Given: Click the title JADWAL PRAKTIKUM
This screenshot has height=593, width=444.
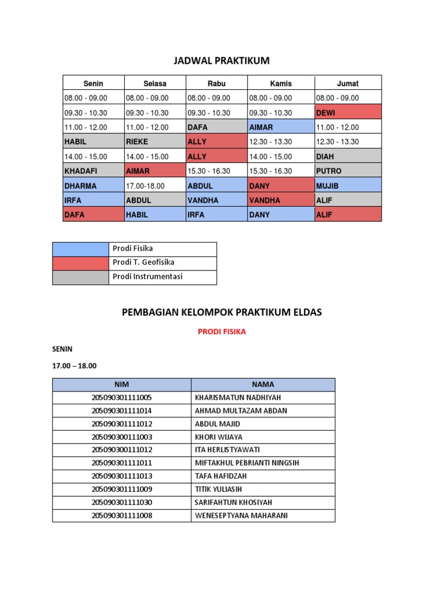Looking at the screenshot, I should (222, 61).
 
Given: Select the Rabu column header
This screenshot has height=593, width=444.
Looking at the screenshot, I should (216, 83).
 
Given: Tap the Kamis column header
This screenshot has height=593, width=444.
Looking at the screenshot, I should (281, 83).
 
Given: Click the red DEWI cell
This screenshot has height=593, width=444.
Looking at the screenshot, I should (348, 112).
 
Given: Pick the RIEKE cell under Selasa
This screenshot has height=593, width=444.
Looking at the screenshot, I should (154, 141).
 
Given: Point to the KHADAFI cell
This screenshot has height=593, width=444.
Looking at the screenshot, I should (93, 171).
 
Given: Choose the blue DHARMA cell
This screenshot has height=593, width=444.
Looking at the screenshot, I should (93, 186).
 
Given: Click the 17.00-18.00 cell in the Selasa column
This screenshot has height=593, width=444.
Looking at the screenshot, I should (154, 186).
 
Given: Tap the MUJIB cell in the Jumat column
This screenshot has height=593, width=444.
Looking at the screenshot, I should (348, 186).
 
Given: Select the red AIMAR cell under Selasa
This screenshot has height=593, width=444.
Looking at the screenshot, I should (154, 171).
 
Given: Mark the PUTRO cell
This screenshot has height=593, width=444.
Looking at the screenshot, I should (348, 171).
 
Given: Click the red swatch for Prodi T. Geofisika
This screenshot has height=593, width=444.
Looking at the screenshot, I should (80, 263).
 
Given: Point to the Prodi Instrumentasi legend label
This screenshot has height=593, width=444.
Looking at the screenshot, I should (147, 277).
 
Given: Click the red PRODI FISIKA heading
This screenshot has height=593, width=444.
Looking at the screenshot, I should (222, 332).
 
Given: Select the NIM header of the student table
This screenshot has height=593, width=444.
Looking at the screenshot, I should (121, 385).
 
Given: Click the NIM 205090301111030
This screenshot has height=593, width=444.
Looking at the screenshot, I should (121, 502).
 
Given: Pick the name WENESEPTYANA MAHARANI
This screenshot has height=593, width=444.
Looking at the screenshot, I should (241, 515).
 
